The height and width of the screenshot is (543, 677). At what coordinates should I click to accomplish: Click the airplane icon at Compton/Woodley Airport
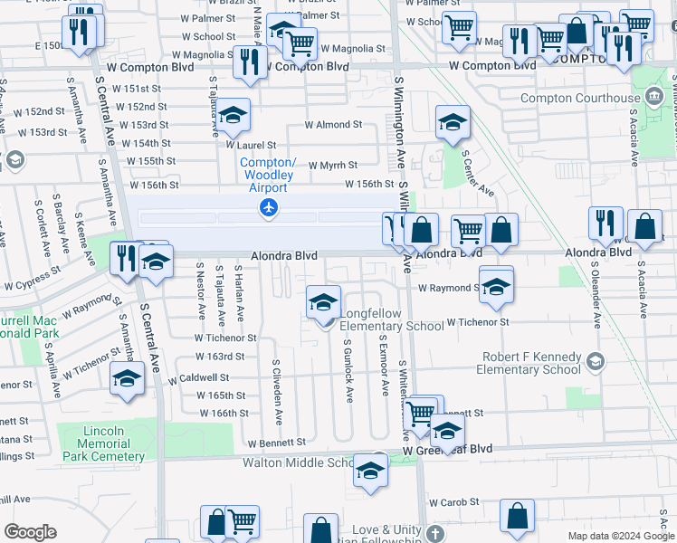(x=268, y=208)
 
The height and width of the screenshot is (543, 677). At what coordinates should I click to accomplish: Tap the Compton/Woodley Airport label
(x=268, y=176)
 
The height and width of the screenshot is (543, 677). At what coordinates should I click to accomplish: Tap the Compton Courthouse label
(x=580, y=99)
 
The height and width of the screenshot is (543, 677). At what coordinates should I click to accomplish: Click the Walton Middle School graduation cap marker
(x=370, y=471)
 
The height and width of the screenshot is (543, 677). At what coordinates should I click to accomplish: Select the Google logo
(x=30, y=532)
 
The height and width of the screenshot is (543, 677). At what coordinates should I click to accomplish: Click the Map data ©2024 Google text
(x=620, y=536)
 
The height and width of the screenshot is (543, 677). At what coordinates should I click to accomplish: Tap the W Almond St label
(x=333, y=124)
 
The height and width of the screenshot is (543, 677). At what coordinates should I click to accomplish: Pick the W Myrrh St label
(x=333, y=166)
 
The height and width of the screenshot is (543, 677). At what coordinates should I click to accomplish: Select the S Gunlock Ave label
(x=348, y=371)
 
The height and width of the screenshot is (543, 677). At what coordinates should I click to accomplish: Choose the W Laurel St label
(x=251, y=145)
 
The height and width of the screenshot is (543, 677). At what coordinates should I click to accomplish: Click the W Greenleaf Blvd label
(x=448, y=450)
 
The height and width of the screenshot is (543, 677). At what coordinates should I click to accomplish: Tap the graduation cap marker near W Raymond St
(x=495, y=286)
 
